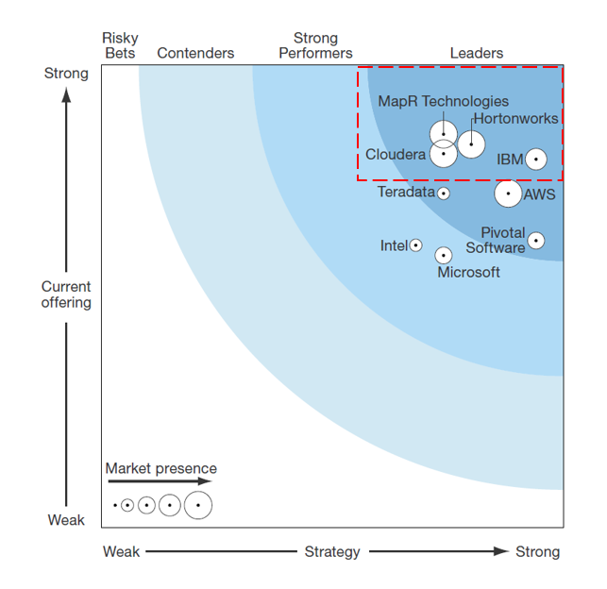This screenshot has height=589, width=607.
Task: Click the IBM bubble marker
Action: (x=535, y=160)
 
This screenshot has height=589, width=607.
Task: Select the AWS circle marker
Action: (x=508, y=194)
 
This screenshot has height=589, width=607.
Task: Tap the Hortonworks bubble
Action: (x=471, y=144)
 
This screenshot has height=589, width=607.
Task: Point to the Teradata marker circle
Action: (x=444, y=194)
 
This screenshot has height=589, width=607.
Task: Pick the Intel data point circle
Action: (x=415, y=245)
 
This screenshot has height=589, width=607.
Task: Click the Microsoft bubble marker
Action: (x=444, y=255)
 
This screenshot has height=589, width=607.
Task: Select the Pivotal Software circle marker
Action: (x=535, y=241)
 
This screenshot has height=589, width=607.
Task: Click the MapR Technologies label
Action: (x=443, y=101)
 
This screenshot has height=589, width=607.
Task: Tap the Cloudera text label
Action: (x=396, y=154)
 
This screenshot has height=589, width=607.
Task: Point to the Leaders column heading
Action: (x=477, y=54)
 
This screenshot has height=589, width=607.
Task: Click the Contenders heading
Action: (x=195, y=54)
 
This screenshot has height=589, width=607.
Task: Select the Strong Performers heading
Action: (x=315, y=46)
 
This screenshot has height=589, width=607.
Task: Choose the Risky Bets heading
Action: (x=120, y=46)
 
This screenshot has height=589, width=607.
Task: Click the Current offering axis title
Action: (x=66, y=294)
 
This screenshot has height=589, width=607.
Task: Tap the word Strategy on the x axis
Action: (x=331, y=552)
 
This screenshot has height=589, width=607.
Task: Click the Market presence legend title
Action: (x=160, y=469)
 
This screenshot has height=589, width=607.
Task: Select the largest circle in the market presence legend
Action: (x=197, y=506)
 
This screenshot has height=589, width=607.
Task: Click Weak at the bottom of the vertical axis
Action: (x=66, y=520)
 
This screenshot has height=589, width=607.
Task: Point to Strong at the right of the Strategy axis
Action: (x=537, y=552)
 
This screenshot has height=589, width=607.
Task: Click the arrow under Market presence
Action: (x=160, y=482)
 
